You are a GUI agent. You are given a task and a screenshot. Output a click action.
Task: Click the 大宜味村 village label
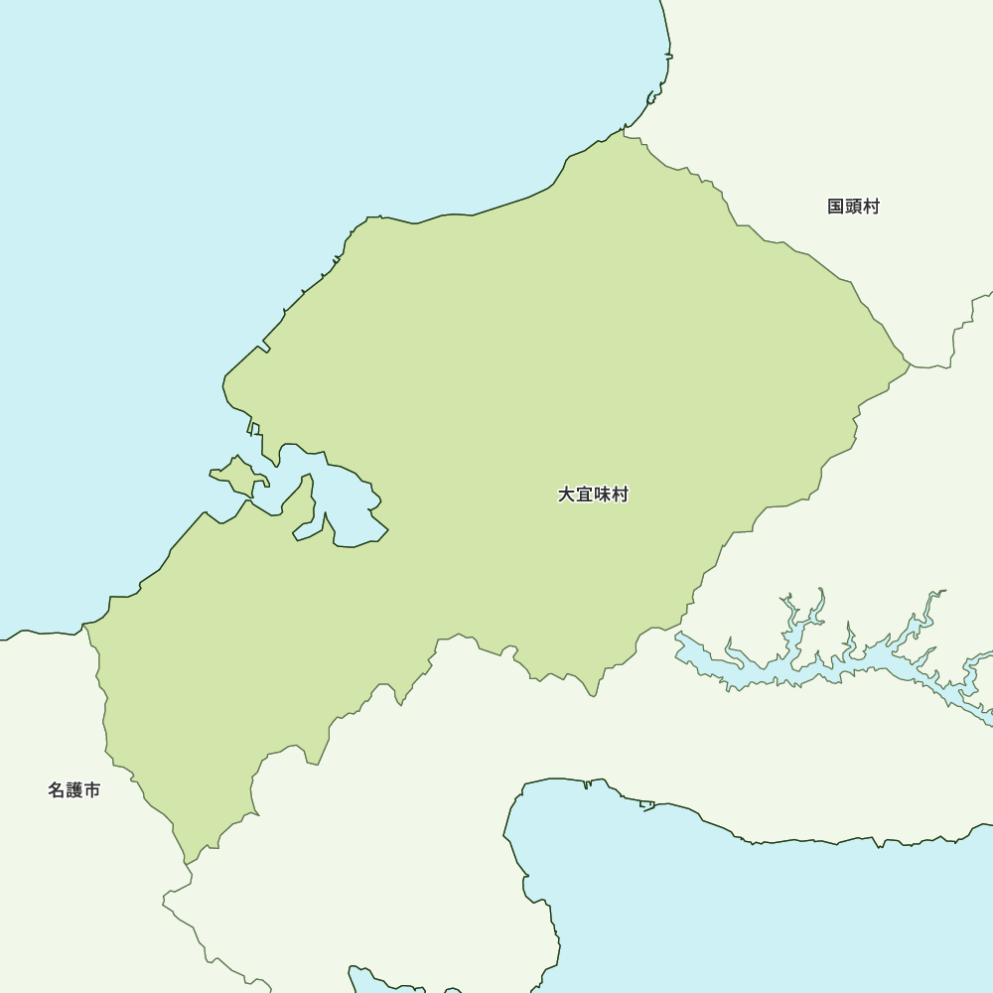593,495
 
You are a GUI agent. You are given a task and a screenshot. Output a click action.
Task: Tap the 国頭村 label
853,207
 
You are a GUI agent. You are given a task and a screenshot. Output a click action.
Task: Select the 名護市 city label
73,790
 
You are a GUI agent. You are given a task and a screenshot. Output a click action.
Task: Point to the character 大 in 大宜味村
566,495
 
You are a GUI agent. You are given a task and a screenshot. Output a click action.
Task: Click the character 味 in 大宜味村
602,495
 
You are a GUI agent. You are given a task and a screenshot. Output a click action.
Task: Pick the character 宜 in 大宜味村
584,495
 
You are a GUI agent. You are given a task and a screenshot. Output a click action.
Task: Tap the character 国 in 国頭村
836,207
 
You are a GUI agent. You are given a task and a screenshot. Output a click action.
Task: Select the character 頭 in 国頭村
853,207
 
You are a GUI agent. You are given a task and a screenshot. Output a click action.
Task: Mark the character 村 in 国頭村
871,207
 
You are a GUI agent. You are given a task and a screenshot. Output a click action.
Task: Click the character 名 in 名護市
57,790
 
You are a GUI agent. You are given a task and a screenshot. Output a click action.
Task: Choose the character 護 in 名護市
73,790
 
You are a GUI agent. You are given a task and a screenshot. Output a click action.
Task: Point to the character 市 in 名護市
91,790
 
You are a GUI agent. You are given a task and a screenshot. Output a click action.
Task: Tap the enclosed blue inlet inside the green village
348,506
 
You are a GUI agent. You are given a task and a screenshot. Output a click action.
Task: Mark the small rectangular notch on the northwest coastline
264,347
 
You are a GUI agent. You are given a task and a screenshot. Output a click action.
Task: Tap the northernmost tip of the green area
624,130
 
